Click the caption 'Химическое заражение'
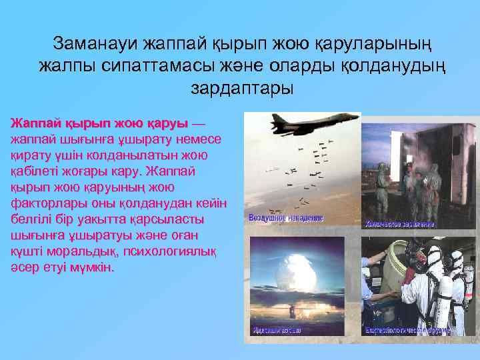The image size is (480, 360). coord(399,224)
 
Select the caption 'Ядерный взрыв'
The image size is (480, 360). coord(277,330)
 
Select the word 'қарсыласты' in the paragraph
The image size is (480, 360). coord(153,219)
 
